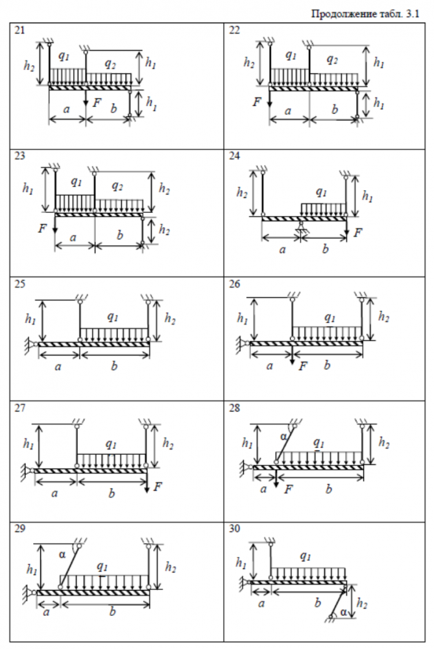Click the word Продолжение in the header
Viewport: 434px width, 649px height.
pyautogui.click(x=339, y=13)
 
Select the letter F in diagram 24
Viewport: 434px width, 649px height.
pyautogui.click(x=359, y=231)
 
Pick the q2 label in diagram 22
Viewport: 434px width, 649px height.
pyautogui.click(x=332, y=59)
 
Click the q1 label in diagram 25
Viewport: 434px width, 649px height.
pyautogui.click(x=112, y=317)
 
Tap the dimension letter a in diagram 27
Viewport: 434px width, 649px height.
pyautogui.click(x=54, y=494)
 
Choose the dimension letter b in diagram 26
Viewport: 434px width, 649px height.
pyautogui.click(x=327, y=366)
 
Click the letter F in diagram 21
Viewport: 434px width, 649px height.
pyautogui.click(x=97, y=102)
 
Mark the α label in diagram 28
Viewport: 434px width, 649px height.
pyautogui.click(x=282, y=437)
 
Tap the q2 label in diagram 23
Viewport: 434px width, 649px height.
pyautogui.click(x=117, y=186)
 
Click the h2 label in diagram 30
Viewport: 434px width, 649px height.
pyautogui.click(x=363, y=604)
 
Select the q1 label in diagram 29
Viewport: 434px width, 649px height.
pyautogui.click(x=102, y=567)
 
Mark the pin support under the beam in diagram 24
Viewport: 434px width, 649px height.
pyautogui.click(x=300, y=227)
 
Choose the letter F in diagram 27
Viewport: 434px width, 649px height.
pyautogui.click(x=158, y=485)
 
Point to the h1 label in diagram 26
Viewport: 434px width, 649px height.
pyautogui.click(x=243, y=319)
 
